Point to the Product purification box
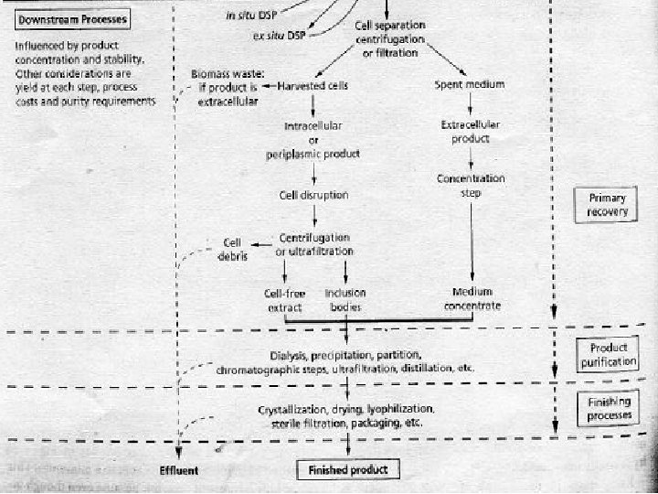pos(608,355)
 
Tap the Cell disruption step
pos(314,195)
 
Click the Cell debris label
pos(232,249)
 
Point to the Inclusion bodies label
pos(345,300)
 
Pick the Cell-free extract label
pos(283,300)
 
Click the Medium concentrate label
pos(472,300)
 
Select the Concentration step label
pos(471,186)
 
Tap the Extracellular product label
pos(471,132)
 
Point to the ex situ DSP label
pos(278,37)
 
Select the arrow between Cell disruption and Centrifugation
pos(314,217)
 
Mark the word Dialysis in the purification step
pos(289,354)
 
